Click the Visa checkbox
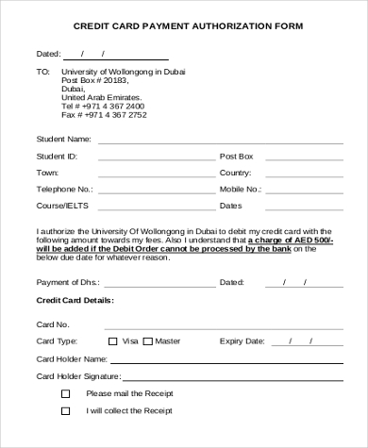(x=113, y=341)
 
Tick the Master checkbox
(x=149, y=341)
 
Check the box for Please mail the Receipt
(x=65, y=393)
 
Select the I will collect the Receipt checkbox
(x=65, y=411)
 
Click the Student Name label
(x=62, y=139)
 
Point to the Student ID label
(x=57, y=156)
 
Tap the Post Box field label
(x=237, y=156)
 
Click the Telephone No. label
(x=64, y=189)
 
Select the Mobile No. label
(x=240, y=189)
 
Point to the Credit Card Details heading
(x=75, y=300)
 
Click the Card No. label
(x=53, y=324)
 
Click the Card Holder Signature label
(x=77, y=376)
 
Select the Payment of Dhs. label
(x=66, y=282)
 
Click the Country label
(x=235, y=173)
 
